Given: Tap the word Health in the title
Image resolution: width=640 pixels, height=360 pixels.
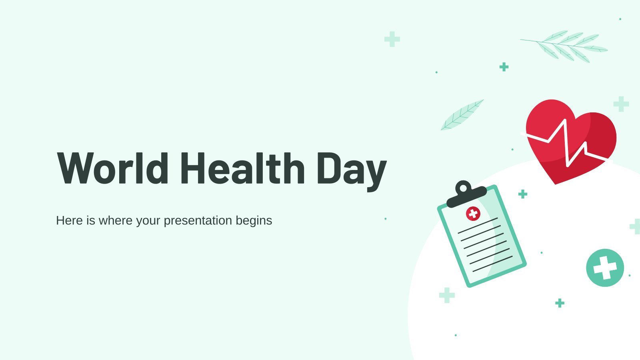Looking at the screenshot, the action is tap(243, 168).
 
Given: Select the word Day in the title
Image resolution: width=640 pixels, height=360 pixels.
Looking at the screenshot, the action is tap(352, 172).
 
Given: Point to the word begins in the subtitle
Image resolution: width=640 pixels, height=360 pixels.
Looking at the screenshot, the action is tap(254, 221).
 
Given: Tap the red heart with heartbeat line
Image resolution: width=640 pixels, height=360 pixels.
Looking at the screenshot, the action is tap(570, 142).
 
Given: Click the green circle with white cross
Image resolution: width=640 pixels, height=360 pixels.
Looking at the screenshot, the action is tap(605, 268).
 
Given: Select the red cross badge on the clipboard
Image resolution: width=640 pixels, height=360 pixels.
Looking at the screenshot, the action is tap(473, 214).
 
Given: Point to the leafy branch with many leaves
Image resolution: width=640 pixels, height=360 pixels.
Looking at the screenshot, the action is tap(564, 46).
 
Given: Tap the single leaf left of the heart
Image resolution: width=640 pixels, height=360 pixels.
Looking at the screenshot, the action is tap(462, 115).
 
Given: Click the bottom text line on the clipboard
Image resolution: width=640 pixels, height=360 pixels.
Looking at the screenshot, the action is tap(493, 264).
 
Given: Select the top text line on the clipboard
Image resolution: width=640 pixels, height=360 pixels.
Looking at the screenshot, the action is tap(478, 226).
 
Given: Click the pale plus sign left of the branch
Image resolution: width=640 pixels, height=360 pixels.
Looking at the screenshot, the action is tap(392, 39).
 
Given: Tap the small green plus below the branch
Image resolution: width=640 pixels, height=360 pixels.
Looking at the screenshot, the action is tap(504, 67).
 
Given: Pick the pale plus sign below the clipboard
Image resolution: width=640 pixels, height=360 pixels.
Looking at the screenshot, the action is tap(447, 295).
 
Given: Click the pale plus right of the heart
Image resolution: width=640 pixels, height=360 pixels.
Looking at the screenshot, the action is tap(621, 104).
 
